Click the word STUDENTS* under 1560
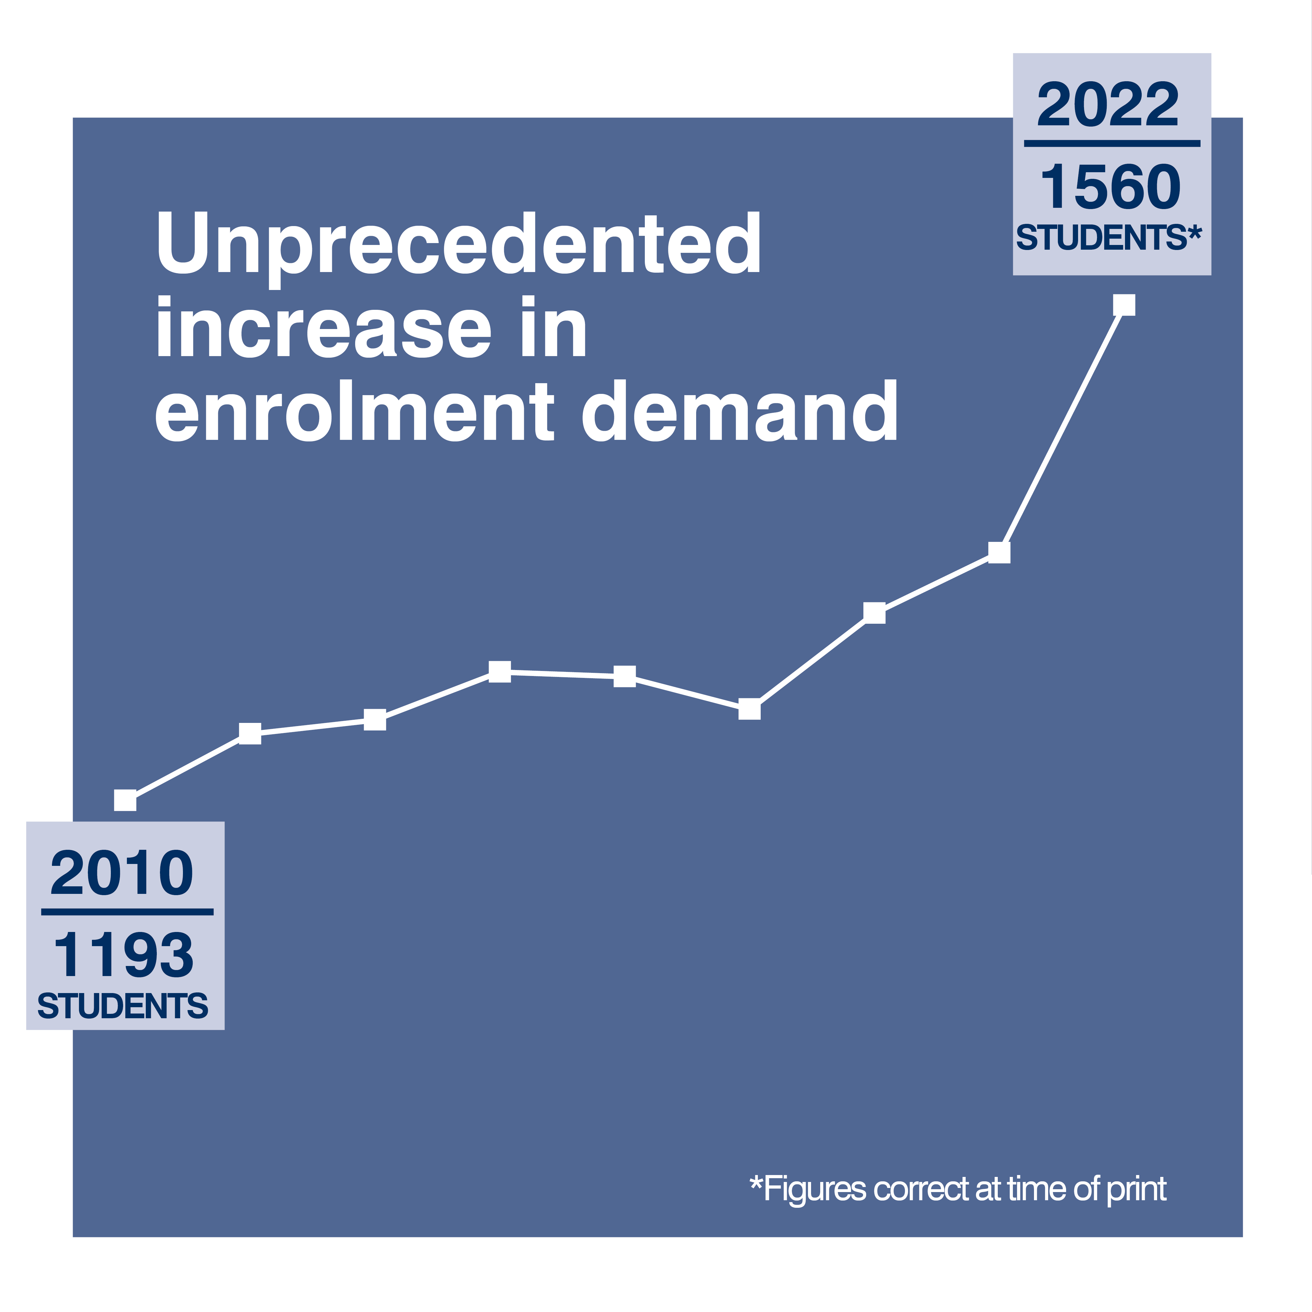(x=1108, y=238)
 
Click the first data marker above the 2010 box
(x=125, y=800)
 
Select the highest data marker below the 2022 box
(x=1124, y=305)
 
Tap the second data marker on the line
(x=250, y=733)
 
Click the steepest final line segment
(x=1061, y=429)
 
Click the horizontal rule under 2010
(x=127, y=912)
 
